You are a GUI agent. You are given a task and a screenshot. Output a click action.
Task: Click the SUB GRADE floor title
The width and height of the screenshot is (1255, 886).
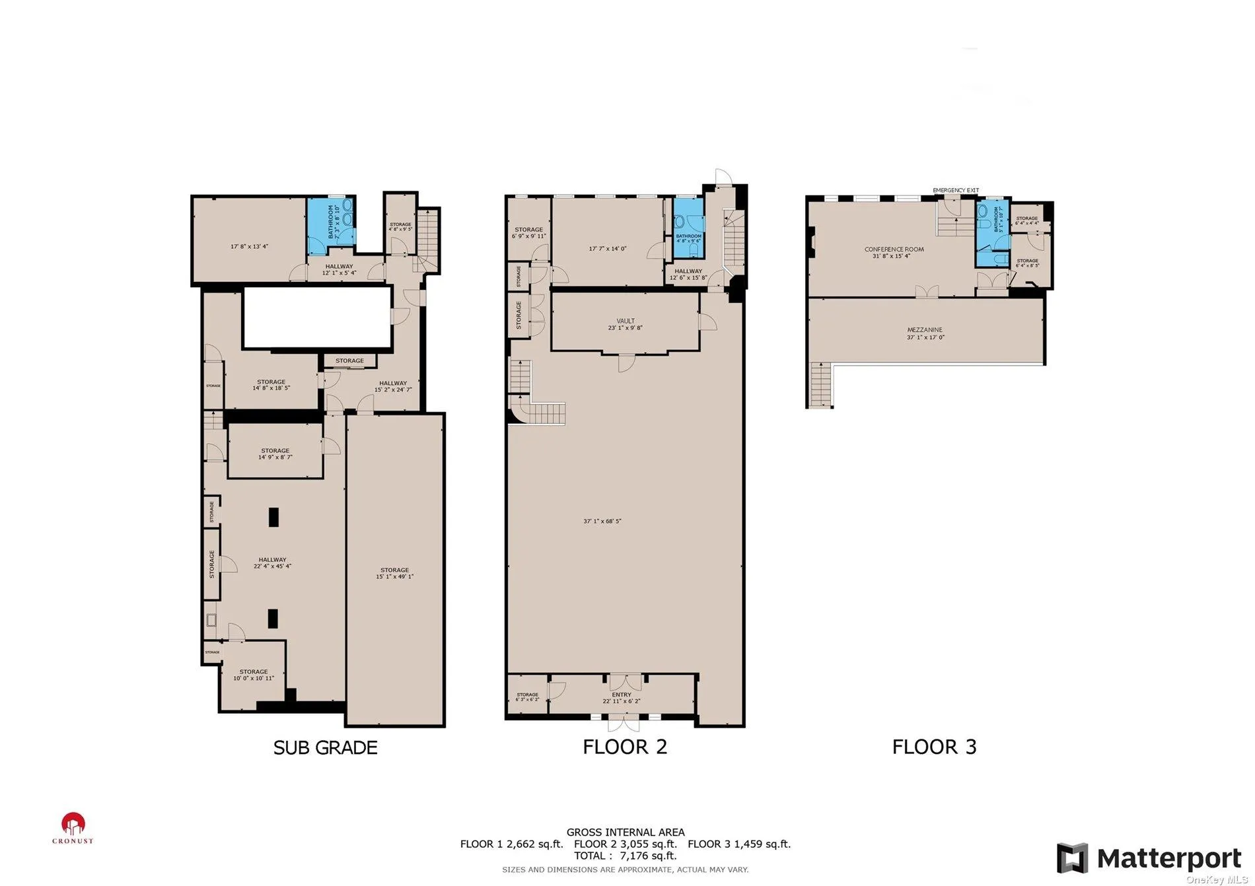point(325,747)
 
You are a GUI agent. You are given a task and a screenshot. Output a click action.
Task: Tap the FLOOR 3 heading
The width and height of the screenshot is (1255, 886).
point(934,747)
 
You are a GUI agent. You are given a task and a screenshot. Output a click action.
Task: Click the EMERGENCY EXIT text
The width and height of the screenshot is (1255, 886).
point(955,190)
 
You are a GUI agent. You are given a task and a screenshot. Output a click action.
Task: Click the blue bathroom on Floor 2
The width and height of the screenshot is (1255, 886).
point(688,228)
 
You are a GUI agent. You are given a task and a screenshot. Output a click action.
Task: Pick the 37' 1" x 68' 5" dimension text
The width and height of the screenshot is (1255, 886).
point(602,521)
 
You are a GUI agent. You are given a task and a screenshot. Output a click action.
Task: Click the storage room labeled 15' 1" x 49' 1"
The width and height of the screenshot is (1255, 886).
point(394,573)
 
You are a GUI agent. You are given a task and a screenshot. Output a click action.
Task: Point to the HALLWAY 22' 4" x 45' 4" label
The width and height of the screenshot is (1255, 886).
point(272,562)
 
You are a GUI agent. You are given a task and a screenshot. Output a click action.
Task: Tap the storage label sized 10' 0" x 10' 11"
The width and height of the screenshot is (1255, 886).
point(254,675)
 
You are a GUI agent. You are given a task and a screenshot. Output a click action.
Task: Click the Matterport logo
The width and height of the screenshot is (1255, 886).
point(1149,858)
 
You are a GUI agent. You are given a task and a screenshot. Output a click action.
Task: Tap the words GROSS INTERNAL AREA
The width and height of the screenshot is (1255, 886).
point(625,833)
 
